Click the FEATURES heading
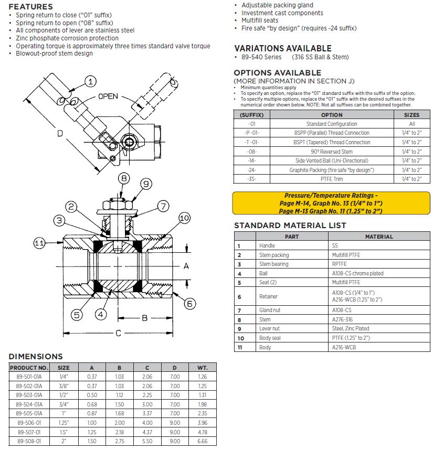(x=30, y=7)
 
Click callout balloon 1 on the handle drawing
(x=91, y=81)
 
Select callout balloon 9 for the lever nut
(x=146, y=184)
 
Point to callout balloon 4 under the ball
(x=101, y=315)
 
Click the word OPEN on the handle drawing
(x=108, y=97)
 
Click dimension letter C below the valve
(x=119, y=333)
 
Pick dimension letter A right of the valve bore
(x=186, y=266)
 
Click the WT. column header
(x=203, y=368)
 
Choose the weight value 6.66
(x=203, y=441)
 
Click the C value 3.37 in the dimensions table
(x=146, y=413)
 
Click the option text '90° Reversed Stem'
(x=332, y=152)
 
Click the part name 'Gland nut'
(x=270, y=310)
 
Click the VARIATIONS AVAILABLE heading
(x=282, y=48)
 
